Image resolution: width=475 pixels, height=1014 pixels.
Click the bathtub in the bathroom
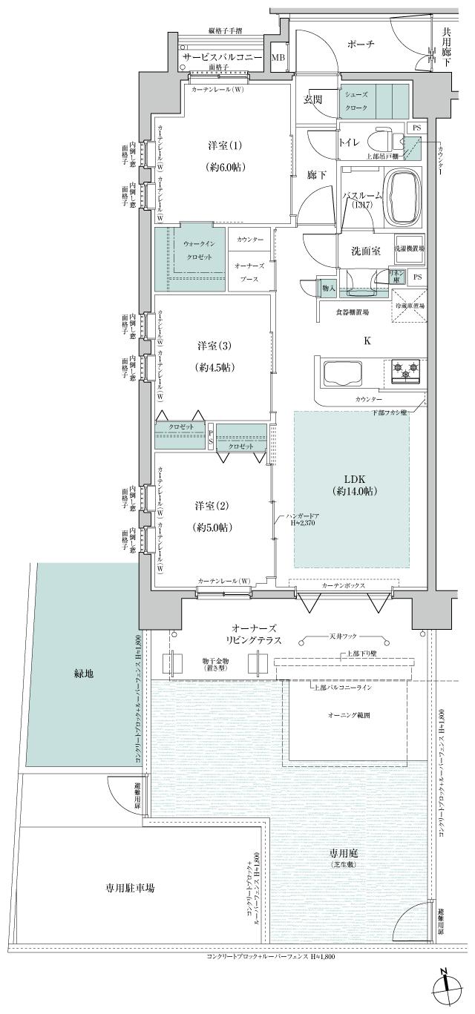pos(404,197)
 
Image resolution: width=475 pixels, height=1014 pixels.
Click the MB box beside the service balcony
pos(279,57)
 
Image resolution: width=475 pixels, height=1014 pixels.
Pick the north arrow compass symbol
pos(443,984)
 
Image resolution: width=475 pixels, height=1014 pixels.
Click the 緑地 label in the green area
pos(83,673)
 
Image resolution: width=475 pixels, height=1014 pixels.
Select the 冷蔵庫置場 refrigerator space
pos(407,306)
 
